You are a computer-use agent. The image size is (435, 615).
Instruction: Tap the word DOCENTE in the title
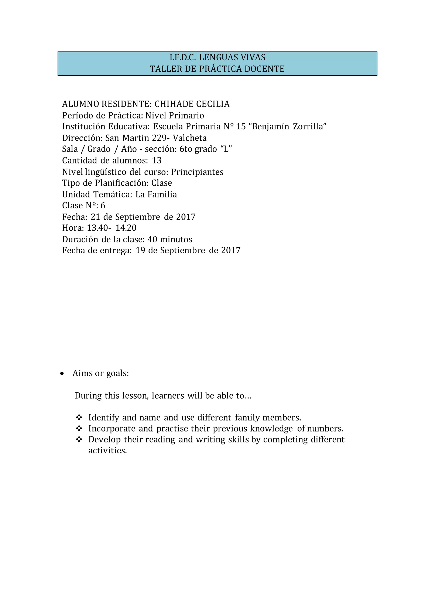tap(264, 69)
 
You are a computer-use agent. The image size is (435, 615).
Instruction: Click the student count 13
tap(157, 161)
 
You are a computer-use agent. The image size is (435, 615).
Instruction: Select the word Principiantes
tap(197, 172)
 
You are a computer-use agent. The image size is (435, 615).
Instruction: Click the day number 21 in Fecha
tap(95, 217)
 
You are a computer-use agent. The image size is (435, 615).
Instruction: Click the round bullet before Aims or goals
tap(62, 374)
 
